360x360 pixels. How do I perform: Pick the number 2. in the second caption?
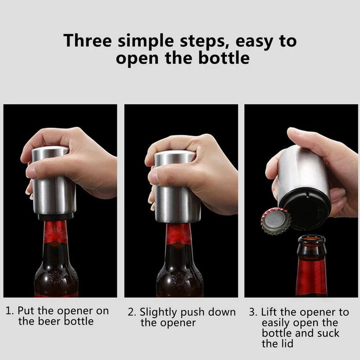pos(132,312)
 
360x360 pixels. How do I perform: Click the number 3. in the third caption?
pos(253,312)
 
